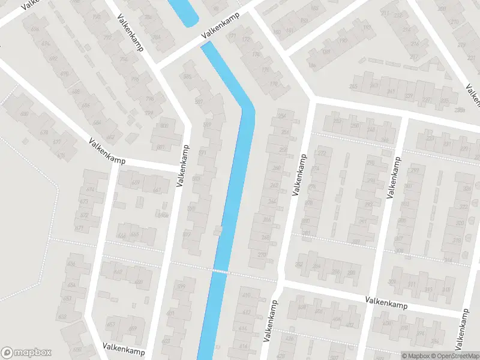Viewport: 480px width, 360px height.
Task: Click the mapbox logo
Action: tap(27, 353)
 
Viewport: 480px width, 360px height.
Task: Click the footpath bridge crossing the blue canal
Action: tap(220, 272)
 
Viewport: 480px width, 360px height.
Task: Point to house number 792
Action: tap(107, 37)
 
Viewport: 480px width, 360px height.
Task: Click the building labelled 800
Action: tap(163, 126)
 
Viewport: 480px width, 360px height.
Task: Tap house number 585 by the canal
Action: tap(187, 77)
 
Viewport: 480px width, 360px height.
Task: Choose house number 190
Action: tap(343, 41)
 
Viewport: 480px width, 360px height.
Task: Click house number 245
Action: tap(353, 87)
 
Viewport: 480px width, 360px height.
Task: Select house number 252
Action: tap(337, 122)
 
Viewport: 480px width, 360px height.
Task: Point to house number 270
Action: tap(262, 254)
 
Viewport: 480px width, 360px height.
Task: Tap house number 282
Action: tap(299, 265)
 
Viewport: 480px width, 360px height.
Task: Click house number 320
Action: tap(460, 222)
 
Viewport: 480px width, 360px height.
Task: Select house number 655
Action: tap(136, 235)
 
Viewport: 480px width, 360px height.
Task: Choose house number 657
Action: tap(110, 325)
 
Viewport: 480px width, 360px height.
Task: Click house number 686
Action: tap(86, 106)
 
